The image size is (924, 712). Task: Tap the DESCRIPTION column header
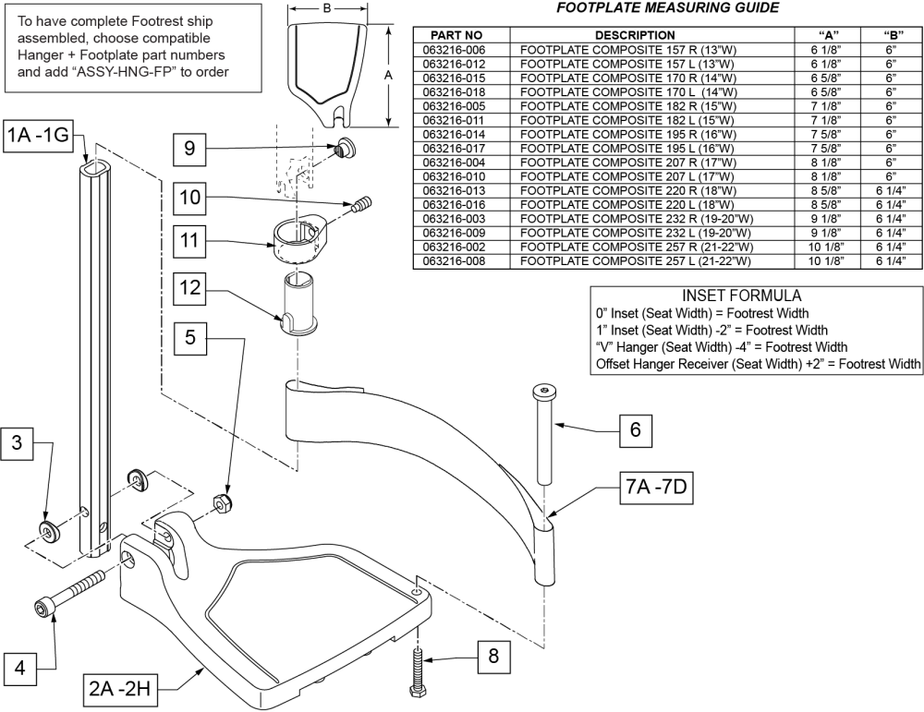point(656,34)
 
